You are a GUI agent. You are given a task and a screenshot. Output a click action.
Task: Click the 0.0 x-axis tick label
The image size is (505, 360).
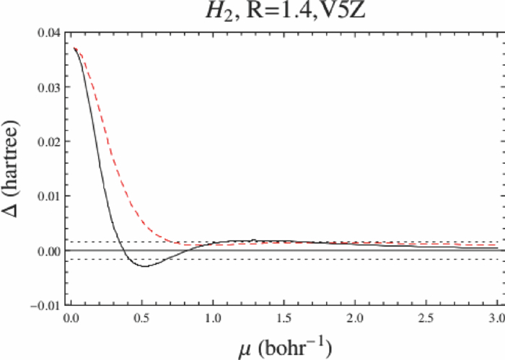pos(71,317)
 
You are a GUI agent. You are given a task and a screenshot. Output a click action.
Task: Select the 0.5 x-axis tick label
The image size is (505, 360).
pos(142,317)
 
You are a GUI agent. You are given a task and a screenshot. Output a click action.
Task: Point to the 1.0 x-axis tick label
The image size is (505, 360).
pos(213,317)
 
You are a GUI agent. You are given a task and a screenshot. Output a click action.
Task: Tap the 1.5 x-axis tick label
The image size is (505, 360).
pos(284,317)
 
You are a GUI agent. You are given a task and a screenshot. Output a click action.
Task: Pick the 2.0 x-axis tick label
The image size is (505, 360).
pos(355,317)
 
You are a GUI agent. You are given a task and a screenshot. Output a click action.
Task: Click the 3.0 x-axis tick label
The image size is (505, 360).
pos(496,317)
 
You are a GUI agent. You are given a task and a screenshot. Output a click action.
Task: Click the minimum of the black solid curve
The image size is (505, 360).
pos(144,266)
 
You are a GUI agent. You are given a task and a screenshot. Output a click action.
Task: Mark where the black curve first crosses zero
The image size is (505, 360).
pos(122,250)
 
